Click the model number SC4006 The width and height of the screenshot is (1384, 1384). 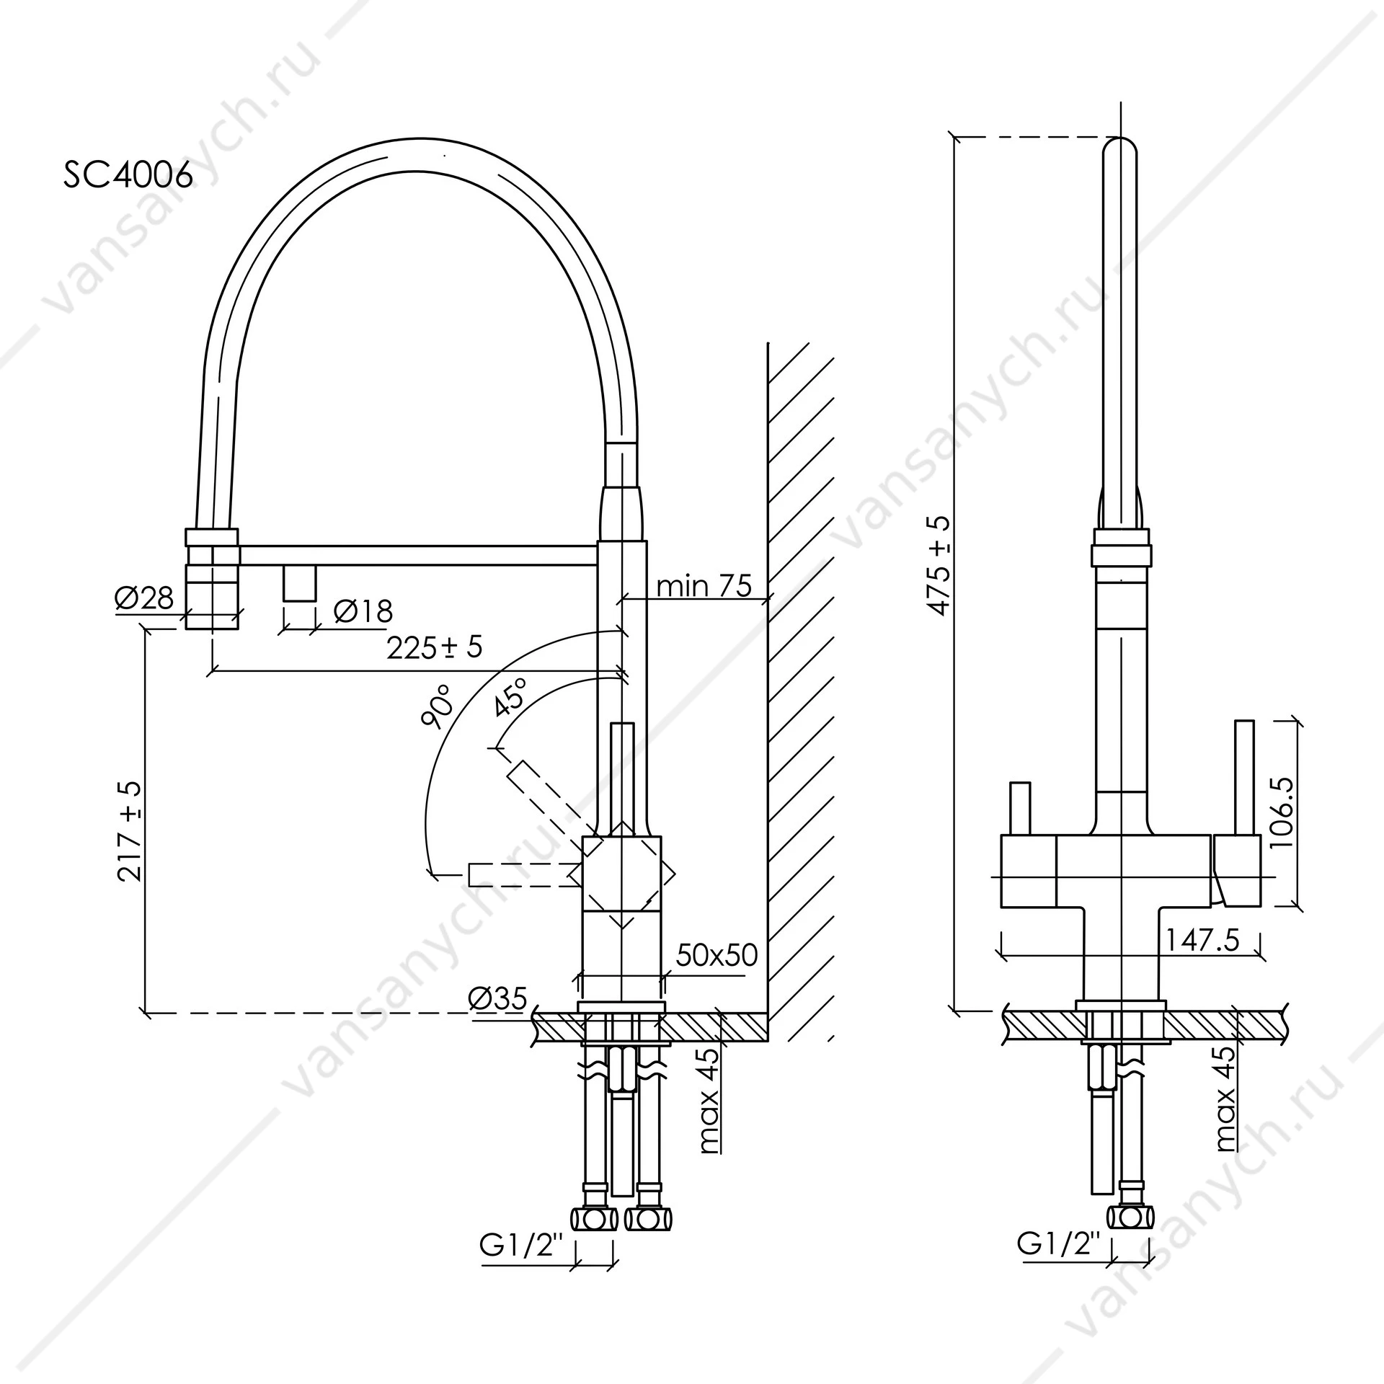128,174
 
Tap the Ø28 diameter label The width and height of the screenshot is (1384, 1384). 145,598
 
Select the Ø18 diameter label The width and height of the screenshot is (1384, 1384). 363,611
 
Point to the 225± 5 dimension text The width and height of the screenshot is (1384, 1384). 434,647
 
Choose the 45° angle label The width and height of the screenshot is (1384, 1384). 510,697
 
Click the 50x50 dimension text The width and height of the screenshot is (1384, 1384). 717,955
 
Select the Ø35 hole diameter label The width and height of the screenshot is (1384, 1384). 497,998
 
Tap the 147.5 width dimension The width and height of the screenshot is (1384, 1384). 1202,940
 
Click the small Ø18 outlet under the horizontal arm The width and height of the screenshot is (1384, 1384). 299,582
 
